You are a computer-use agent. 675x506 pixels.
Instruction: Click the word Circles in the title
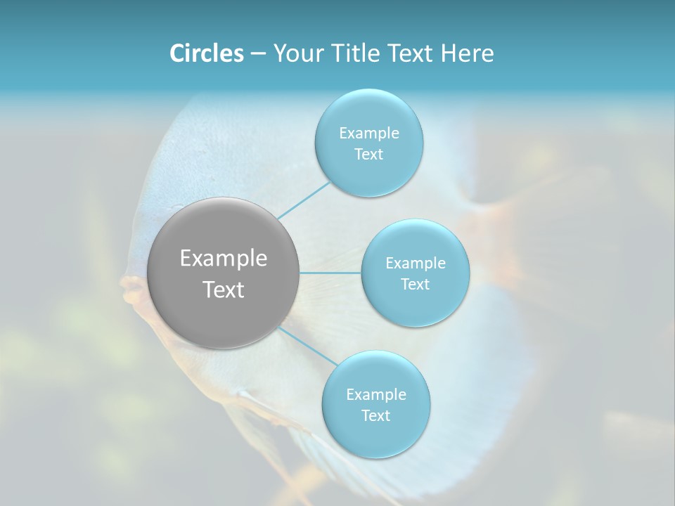pos(206,53)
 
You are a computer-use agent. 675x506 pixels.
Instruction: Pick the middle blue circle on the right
pos(415,306)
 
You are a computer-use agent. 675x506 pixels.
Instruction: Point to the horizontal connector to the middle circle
pos(330,273)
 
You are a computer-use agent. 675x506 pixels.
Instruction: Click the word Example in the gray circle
pos(224,259)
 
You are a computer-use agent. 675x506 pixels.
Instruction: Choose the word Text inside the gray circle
pos(224,290)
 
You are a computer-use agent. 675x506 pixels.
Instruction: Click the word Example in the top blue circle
pos(368,134)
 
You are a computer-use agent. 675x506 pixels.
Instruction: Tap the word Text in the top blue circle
pos(368,155)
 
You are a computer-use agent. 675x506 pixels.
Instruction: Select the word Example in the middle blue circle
pos(415,264)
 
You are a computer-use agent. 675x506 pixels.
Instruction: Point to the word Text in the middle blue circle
pos(415,285)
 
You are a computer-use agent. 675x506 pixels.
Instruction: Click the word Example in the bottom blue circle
pos(375,395)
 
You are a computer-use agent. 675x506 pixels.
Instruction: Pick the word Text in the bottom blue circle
pos(375,416)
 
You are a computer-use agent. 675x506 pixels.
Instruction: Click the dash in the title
pos(258,53)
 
